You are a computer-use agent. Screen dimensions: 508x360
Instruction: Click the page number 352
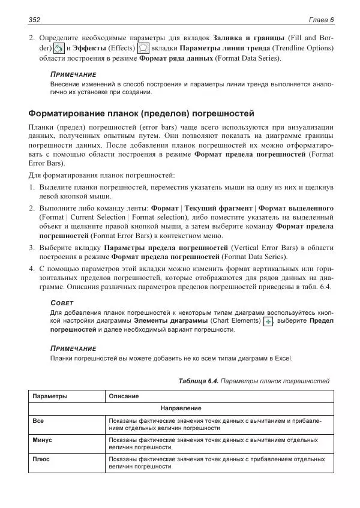pos(34,20)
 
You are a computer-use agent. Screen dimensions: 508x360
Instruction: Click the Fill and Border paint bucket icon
pos(58,49)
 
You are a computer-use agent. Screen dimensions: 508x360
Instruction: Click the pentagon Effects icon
pos(143,49)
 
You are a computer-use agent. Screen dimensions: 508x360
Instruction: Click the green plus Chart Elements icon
pos(268,322)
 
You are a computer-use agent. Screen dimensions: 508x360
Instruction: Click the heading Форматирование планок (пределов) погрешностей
pos(142,113)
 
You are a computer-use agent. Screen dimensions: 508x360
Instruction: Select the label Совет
pos(62,303)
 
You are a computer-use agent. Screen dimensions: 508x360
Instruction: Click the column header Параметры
pos(50,396)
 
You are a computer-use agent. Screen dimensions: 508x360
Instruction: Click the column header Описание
pos(124,396)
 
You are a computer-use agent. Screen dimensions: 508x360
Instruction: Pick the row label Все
pos(38,421)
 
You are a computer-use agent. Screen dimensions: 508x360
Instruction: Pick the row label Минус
pos(42,440)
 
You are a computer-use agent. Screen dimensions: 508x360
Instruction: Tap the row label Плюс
pos(41,459)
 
